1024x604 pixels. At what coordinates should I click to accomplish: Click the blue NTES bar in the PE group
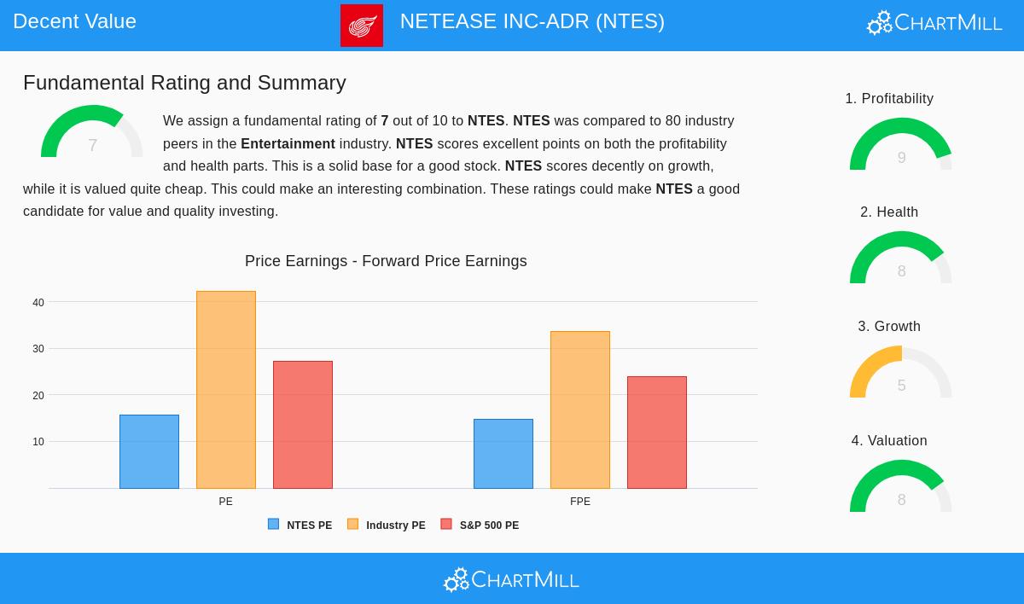(149, 451)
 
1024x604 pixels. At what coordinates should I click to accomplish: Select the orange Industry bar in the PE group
(226, 390)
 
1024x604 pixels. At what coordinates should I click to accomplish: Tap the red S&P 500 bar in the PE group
(303, 425)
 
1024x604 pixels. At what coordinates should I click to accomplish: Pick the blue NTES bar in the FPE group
(503, 454)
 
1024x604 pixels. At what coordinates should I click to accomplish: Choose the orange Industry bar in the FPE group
(580, 409)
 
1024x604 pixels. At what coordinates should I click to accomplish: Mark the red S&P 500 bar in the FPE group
(657, 433)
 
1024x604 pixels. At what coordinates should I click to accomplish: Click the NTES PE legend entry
(300, 525)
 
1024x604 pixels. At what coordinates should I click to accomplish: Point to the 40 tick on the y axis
(38, 303)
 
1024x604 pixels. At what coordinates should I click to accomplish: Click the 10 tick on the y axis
(38, 442)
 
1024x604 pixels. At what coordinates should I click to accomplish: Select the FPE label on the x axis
(580, 502)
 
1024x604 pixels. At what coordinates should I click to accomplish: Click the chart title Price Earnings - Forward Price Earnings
(386, 261)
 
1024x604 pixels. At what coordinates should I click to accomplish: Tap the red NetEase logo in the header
(362, 26)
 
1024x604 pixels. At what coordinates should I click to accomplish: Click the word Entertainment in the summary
(288, 144)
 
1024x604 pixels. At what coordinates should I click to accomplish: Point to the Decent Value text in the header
(75, 21)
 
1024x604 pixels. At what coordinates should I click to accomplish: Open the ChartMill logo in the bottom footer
(511, 580)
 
